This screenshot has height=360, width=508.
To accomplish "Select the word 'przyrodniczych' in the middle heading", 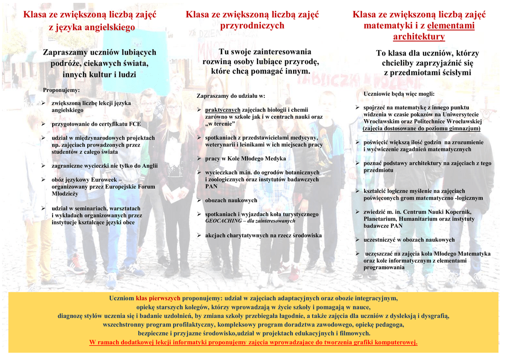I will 252,25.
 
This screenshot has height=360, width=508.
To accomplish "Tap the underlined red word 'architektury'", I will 419,37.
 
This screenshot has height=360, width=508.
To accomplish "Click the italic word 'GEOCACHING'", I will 221,221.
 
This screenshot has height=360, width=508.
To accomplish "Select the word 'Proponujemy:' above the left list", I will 62,90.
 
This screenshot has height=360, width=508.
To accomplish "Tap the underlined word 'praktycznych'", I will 222,110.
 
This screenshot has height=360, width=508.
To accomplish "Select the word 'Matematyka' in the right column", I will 473,254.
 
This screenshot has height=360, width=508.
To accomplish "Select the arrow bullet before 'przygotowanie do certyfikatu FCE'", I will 44,124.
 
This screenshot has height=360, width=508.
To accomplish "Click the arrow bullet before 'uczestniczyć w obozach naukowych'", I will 357,240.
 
